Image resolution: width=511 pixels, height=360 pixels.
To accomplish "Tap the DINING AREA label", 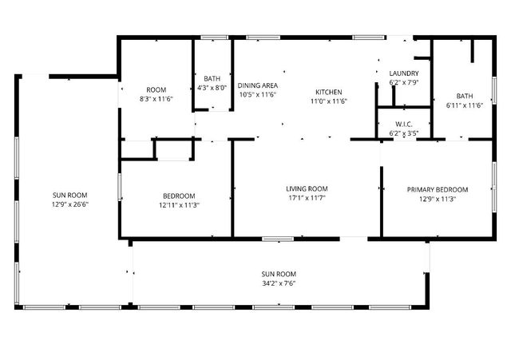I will point(258,85).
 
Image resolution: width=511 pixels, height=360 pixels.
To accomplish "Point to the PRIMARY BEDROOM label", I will point(437,189).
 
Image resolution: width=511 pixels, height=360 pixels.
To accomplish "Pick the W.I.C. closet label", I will point(403,124).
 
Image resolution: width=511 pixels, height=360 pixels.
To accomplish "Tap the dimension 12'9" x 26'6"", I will point(70,204).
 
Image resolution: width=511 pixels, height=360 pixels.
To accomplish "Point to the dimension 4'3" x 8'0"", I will point(212,88).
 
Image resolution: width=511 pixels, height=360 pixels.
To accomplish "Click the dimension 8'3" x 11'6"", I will point(156,98).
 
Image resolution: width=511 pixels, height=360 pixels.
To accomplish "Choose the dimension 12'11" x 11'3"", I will point(178,204).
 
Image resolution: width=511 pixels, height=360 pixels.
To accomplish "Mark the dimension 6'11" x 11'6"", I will point(464,105).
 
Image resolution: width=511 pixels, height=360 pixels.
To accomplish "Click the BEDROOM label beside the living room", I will point(178,196).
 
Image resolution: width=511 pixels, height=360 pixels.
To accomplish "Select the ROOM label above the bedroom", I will point(156,89).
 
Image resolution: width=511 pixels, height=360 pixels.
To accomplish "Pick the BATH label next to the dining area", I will point(212,78).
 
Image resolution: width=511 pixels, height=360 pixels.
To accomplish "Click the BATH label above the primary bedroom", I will point(464,96).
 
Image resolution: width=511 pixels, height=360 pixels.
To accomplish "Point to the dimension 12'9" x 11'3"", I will point(437,199).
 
